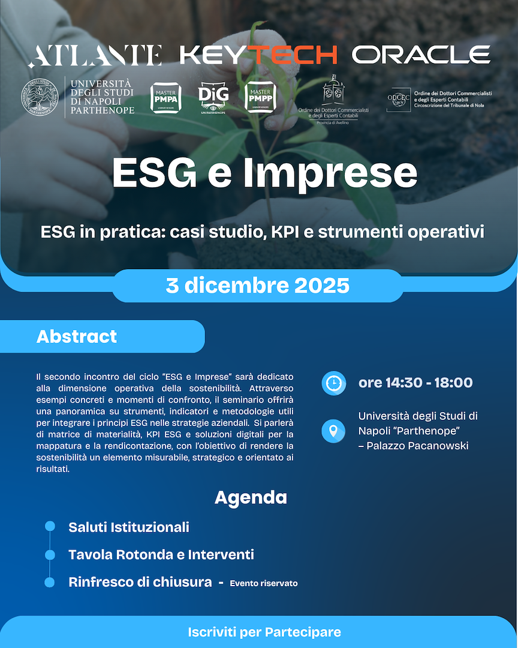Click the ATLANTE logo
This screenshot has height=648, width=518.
tap(95, 55)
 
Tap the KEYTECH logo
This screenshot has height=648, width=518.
tap(258, 55)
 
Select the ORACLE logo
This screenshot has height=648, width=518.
tap(421, 55)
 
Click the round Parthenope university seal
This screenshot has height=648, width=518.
tap(40, 97)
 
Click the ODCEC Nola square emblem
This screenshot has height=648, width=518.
tap(398, 100)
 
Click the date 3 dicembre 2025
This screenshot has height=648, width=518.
tap(258, 286)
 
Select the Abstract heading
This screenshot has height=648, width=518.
tap(77, 337)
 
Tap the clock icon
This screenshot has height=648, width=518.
tap(334, 383)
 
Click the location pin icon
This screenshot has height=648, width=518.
tap(334, 431)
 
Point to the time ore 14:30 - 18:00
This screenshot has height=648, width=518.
tap(415, 383)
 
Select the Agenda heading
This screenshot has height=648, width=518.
tap(251, 497)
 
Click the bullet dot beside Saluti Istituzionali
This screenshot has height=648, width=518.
tap(50, 526)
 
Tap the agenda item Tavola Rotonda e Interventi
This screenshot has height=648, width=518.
tap(161, 554)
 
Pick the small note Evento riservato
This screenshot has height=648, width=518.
tap(263, 583)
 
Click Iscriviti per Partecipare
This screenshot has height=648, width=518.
tap(264, 632)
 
